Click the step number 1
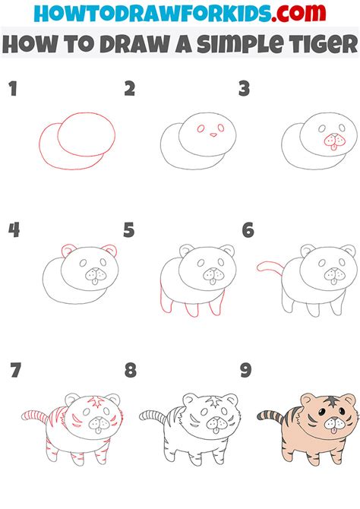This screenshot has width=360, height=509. [12, 90]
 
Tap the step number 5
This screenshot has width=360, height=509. [128, 229]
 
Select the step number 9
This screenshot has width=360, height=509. [245, 371]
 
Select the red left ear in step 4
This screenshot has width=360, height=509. [68, 251]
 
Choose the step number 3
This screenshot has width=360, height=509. [245, 90]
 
